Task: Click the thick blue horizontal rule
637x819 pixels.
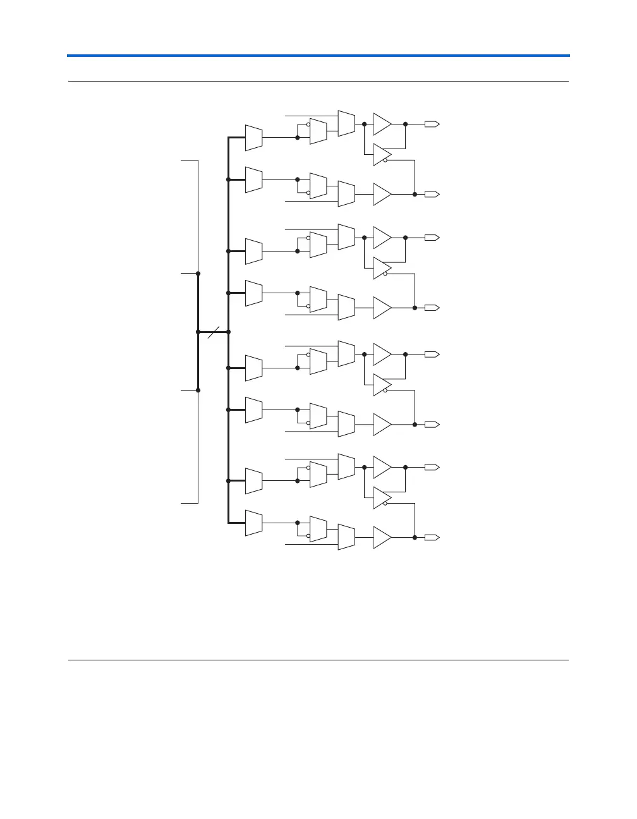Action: [318, 56]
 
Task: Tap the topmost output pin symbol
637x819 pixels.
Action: [432, 124]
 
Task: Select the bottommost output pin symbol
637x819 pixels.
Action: [432, 537]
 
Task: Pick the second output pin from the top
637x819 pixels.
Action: [432, 194]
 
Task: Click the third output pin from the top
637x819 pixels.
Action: [432, 238]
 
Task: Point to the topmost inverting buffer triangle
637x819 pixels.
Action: [382, 155]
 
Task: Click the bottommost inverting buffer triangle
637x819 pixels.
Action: [382, 498]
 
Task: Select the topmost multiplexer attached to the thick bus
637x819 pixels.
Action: [253, 138]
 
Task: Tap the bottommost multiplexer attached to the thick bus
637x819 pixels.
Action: [253, 523]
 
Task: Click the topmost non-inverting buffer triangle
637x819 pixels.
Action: [382, 124]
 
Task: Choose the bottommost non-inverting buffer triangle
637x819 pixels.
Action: [382, 537]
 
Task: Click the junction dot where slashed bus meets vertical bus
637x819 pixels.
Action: [228, 332]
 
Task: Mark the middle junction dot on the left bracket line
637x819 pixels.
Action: [198, 332]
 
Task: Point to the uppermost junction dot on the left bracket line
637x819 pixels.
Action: [198, 274]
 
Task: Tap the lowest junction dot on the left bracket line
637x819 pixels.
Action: [198, 390]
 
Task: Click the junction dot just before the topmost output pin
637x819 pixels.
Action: [405, 124]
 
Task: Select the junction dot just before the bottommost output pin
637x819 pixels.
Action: [415, 537]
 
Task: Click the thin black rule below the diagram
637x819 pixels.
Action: [318, 660]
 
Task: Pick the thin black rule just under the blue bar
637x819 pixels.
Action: [318, 82]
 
